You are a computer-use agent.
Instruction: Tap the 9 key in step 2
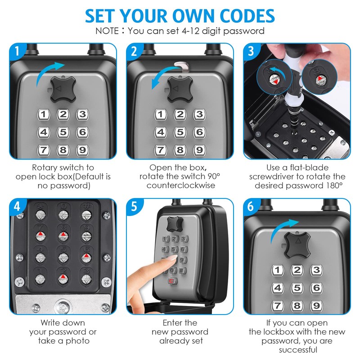199,150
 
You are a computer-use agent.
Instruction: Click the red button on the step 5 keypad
171,281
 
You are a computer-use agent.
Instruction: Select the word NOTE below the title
107,31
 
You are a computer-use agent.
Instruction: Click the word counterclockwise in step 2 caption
180,185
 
